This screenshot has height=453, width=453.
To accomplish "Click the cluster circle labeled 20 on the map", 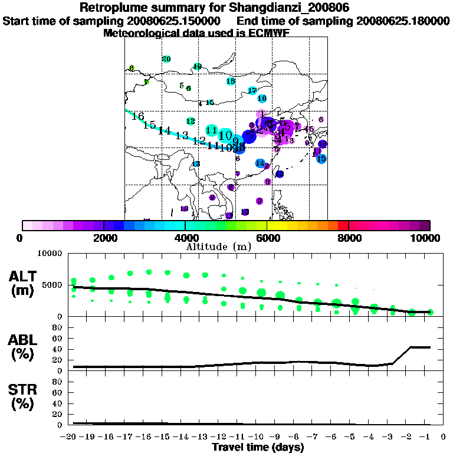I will click(166, 59).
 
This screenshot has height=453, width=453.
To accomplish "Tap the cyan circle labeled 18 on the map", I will click(231, 81).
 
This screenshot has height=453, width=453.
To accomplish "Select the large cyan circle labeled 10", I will click(225, 136).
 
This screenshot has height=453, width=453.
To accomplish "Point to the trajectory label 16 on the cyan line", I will click(139, 116).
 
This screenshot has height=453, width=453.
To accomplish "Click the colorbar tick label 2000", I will click(104, 238).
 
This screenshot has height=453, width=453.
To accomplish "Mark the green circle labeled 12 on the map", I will click(191, 121).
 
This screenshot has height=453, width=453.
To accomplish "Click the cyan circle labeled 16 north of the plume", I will click(262, 99).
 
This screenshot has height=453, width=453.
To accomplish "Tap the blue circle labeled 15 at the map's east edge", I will click(321, 159).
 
